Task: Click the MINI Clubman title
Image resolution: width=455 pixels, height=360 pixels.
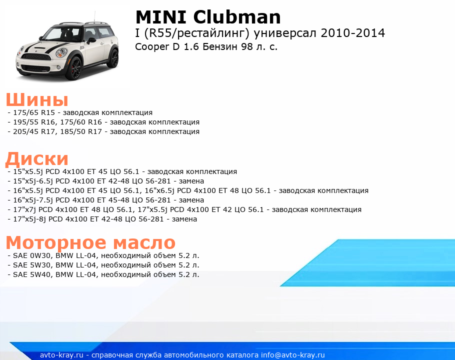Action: pyautogui.click(x=208, y=17)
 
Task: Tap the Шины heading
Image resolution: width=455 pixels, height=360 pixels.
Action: pyautogui.click(x=37, y=100)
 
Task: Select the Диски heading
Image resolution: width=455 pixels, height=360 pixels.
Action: pyautogui.click(x=37, y=159)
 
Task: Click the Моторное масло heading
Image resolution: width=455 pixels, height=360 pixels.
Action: pyautogui.click(x=91, y=243)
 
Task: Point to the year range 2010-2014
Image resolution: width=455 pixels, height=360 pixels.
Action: pyautogui.click(x=353, y=33)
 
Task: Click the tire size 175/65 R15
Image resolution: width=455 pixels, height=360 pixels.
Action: pyautogui.click(x=34, y=112)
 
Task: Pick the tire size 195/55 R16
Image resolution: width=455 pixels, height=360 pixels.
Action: pyautogui.click(x=34, y=122)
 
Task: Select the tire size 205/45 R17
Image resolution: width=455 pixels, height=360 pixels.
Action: pyautogui.click(x=34, y=131)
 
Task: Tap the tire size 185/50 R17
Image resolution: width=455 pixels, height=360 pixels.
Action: pyautogui.click(x=81, y=131)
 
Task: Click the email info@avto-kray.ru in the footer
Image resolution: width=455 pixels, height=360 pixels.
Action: pyautogui.click(x=293, y=355)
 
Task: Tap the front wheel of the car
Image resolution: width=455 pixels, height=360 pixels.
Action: pyautogui.click(x=74, y=68)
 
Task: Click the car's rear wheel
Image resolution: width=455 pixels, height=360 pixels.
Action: pyautogui.click(x=114, y=58)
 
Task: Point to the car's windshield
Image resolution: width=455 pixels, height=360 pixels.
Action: pyautogui.click(x=62, y=33)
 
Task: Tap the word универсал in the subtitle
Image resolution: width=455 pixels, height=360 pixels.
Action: pyautogui.click(x=285, y=33)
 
